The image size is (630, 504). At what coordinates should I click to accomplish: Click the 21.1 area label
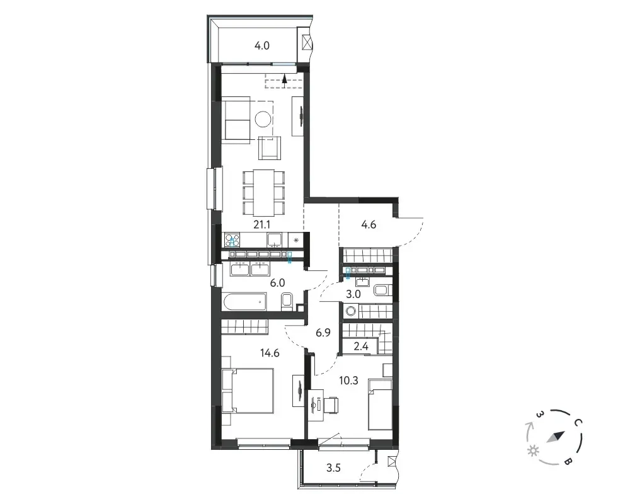tap(261, 225)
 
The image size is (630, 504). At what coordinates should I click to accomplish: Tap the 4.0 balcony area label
tap(261, 46)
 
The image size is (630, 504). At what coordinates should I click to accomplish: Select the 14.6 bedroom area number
tap(270, 353)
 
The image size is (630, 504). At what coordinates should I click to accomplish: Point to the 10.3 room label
tap(349, 381)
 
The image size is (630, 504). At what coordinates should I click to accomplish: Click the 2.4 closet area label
tap(361, 346)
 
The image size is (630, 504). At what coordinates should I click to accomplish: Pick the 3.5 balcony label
tap(333, 468)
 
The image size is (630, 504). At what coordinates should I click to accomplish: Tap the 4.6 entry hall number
tap(369, 225)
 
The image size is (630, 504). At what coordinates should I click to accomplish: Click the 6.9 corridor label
tap(323, 333)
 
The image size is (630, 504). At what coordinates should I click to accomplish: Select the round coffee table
tap(263, 119)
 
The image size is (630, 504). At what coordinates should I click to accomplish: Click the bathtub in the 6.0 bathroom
tap(244, 301)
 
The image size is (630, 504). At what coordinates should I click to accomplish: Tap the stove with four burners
tap(232, 240)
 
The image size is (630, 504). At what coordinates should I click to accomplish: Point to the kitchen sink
tap(275, 239)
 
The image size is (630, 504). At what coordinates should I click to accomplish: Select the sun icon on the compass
tap(534, 451)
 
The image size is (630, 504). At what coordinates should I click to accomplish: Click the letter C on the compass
tap(577, 422)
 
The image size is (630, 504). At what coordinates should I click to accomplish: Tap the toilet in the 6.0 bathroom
tap(287, 302)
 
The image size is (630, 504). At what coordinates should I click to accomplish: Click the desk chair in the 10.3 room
tap(330, 404)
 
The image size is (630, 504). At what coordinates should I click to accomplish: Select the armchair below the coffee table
tap(270, 147)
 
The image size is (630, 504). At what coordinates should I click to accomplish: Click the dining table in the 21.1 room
tap(264, 193)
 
